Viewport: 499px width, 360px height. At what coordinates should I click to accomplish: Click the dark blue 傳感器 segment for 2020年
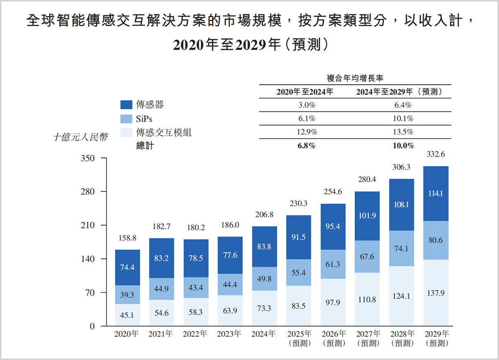[x=127, y=267]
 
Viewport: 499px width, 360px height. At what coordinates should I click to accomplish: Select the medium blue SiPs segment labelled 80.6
[x=436, y=240]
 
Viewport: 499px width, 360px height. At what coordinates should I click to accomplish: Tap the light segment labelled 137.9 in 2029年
[x=436, y=293]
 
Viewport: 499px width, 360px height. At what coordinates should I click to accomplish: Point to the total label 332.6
[x=436, y=155]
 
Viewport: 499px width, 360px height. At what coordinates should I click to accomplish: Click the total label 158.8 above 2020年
[x=127, y=238]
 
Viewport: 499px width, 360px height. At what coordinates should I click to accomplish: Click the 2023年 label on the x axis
[x=230, y=334]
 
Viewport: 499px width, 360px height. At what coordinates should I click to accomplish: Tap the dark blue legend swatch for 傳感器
[x=126, y=105]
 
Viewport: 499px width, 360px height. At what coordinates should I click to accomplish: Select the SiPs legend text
[x=144, y=119]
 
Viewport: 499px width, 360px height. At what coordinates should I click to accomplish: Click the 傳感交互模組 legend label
[x=164, y=133]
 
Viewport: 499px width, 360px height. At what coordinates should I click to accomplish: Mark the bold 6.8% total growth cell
[x=307, y=146]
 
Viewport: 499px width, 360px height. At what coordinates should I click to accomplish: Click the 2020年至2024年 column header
[x=305, y=92]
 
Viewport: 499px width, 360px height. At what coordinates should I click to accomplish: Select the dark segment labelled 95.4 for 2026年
[x=333, y=226]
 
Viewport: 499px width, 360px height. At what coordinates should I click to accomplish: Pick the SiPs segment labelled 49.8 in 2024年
[x=264, y=278]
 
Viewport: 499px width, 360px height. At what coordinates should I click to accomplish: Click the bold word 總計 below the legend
[x=145, y=146]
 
